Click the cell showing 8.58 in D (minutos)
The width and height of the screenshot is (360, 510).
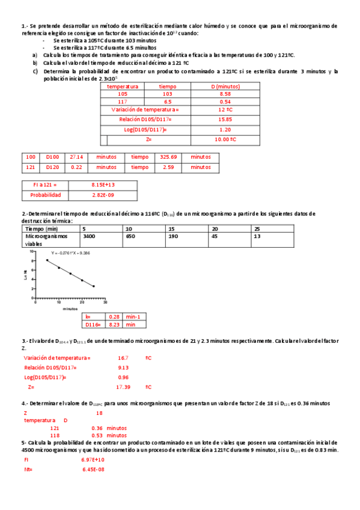click(225, 94)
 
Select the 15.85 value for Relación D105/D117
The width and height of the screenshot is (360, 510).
click(225, 120)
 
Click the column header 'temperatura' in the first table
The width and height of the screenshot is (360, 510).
click(123, 86)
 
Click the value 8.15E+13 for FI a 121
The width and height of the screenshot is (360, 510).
click(103, 185)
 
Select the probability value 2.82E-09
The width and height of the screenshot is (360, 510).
click(103, 195)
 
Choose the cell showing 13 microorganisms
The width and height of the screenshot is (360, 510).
click(257, 237)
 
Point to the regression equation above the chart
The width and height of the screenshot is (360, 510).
click(70, 253)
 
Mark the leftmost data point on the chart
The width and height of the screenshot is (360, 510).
click(47, 260)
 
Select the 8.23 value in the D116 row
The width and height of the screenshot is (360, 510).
click(114, 324)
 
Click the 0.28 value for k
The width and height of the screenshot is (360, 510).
click(114, 316)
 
